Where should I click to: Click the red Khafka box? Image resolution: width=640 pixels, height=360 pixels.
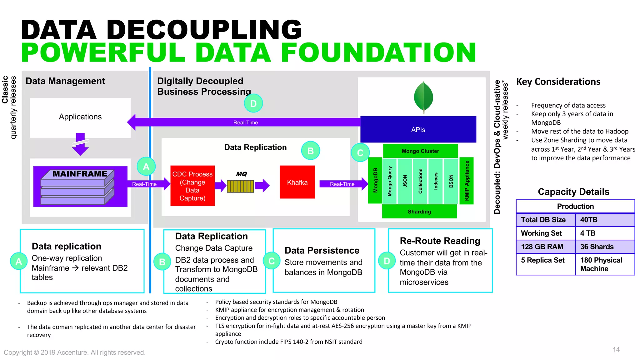tap(297, 182)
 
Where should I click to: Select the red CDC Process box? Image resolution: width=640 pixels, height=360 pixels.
tap(192, 186)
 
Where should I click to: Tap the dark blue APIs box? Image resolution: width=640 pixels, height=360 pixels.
tap(418, 130)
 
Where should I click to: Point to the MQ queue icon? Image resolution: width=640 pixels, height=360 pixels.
tap(240, 186)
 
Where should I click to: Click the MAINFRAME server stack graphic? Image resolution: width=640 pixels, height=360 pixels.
tap(77, 187)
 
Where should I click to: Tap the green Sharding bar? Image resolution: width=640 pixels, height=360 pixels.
tap(419, 212)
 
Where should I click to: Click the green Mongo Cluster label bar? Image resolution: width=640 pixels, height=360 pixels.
tap(420, 151)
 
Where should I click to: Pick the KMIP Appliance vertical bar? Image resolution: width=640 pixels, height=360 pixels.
tap(467, 181)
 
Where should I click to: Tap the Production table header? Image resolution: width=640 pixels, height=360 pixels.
tap(575, 206)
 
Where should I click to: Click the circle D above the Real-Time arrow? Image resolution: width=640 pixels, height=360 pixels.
tap(253, 103)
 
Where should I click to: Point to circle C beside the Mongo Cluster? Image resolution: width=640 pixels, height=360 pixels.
tap(360, 152)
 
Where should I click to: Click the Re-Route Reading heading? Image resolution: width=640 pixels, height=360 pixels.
tap(440, 241)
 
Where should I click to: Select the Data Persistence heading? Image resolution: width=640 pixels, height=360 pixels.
tap(322, 250)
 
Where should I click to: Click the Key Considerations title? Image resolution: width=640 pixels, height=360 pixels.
tap(558, 82)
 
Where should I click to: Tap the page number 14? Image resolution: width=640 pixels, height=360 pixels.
tap(616, 349)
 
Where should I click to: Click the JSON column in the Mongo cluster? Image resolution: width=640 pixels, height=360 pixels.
tap(405, 181)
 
